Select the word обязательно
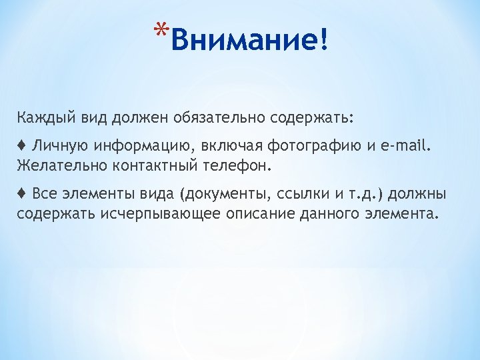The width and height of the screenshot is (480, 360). click(210, 118)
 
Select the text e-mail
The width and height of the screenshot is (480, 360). click(411, 145)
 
